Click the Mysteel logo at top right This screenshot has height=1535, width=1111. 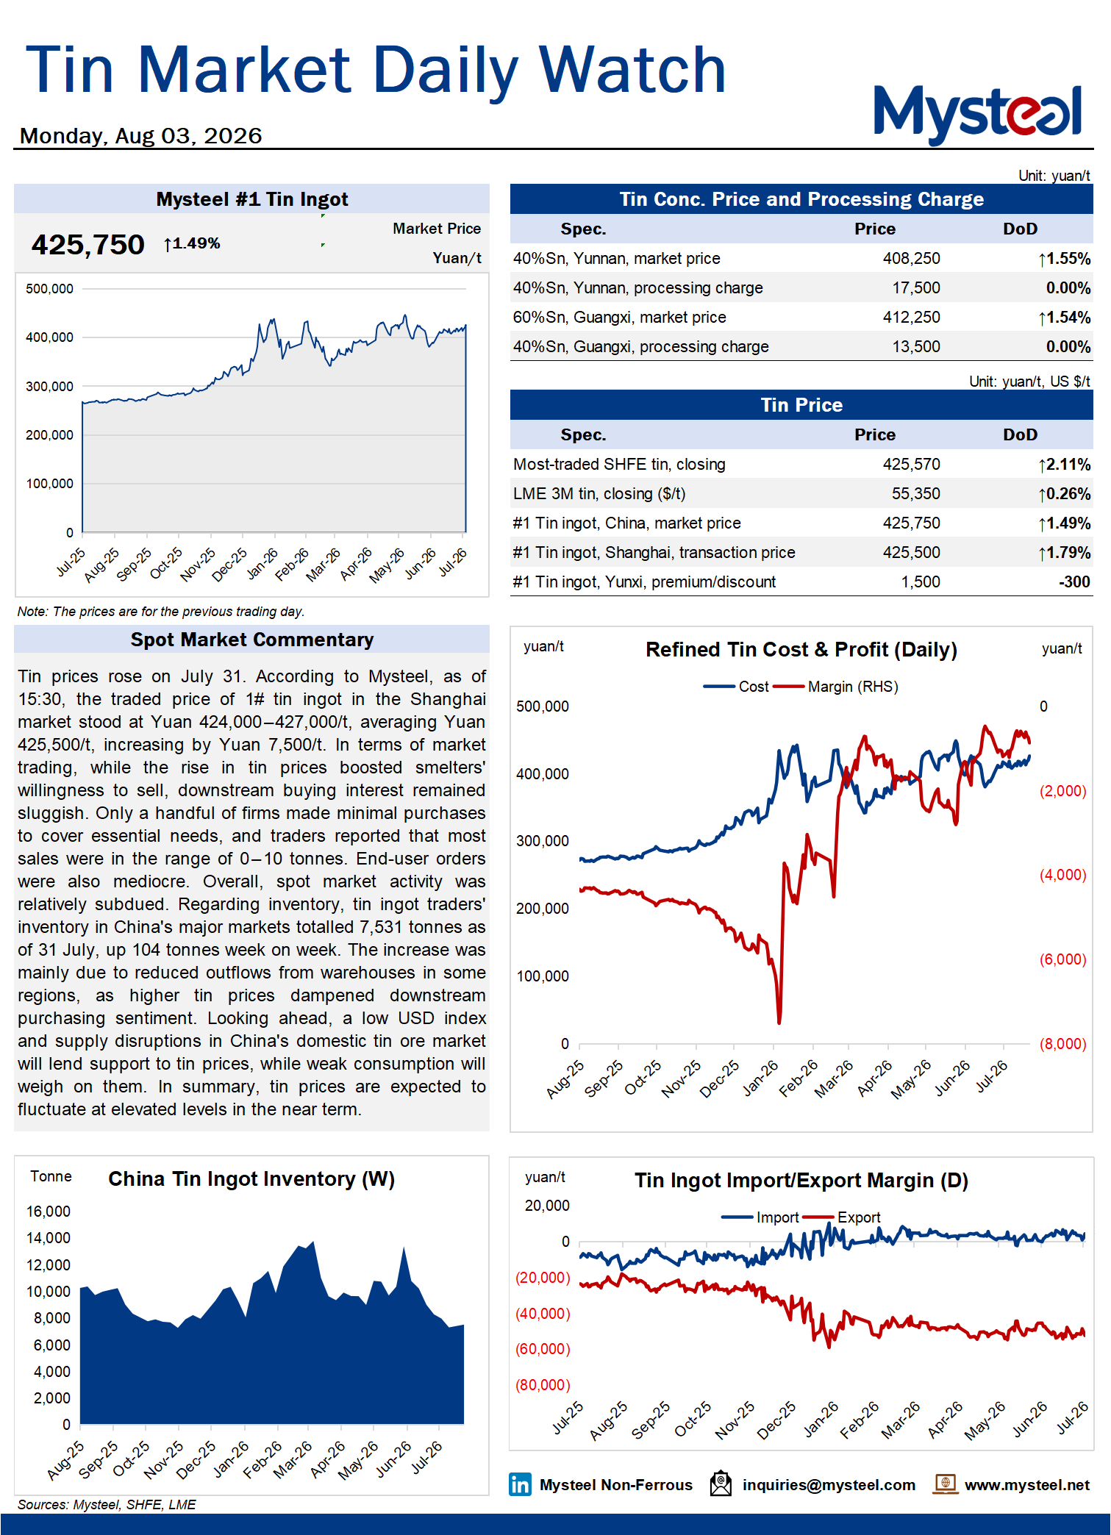977,114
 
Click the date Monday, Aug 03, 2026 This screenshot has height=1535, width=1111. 140,136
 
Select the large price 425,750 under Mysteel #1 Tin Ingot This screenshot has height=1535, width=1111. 87,245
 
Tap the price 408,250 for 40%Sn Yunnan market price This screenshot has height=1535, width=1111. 911,259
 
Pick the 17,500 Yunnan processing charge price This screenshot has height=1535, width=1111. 916,288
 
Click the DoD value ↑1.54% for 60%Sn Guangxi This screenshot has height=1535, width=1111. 1064,318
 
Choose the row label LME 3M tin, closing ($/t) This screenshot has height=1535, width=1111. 599,494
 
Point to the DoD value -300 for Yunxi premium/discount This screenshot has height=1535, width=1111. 1074,582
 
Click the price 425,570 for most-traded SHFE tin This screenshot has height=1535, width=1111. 911,465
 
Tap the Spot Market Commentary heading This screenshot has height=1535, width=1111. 252,640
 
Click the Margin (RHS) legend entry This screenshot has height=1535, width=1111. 835,687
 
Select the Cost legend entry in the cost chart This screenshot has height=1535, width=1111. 736,687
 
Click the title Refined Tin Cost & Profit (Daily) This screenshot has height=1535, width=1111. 801,650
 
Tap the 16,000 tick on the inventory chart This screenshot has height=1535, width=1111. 49,1212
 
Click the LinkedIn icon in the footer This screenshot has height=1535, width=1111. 520,1484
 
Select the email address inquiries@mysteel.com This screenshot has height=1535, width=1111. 829,1485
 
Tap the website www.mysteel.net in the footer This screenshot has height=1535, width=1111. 1027,1485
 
